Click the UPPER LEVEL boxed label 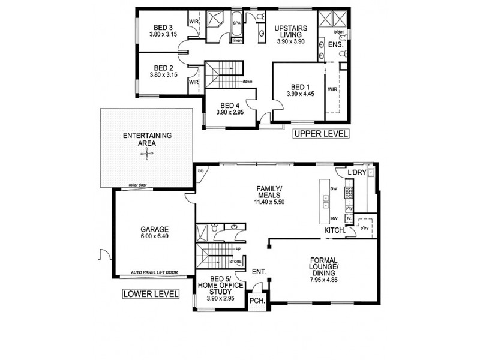pos(320,134)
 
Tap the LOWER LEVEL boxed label pos(151,294)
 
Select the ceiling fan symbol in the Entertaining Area pos(147,155)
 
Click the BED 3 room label pos(163,27)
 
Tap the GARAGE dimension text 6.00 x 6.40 pos(154,236)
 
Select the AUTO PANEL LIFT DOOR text pos(154,274)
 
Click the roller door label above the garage pos(138,186)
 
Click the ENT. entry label pos(260,271)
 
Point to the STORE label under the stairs pos(237,262)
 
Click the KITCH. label pos(334,230)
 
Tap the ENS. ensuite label pos(336,44)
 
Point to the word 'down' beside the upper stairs pos(247,82)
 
